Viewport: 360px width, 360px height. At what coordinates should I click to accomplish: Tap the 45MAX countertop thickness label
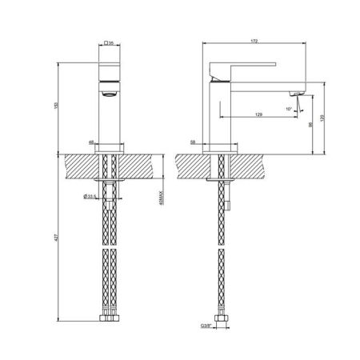point(162,195)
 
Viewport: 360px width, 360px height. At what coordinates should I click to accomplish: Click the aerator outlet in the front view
point(110,93)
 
